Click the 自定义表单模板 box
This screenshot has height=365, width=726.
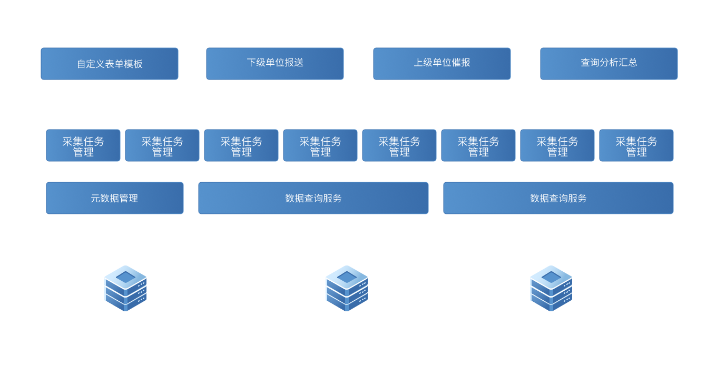pos(110,64)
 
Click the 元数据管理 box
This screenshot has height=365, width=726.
pos(115,198)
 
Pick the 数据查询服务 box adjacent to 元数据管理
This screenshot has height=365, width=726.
pos(313,198)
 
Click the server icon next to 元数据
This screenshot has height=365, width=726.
pos(125,288)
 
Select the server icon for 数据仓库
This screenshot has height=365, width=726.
pos(347,288)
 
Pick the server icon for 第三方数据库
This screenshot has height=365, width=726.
pos(551,288)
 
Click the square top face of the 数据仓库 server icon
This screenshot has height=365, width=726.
pos(347,277)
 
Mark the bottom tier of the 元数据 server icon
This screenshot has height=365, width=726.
pos(125,303)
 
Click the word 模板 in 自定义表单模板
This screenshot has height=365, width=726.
pos(132,64)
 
